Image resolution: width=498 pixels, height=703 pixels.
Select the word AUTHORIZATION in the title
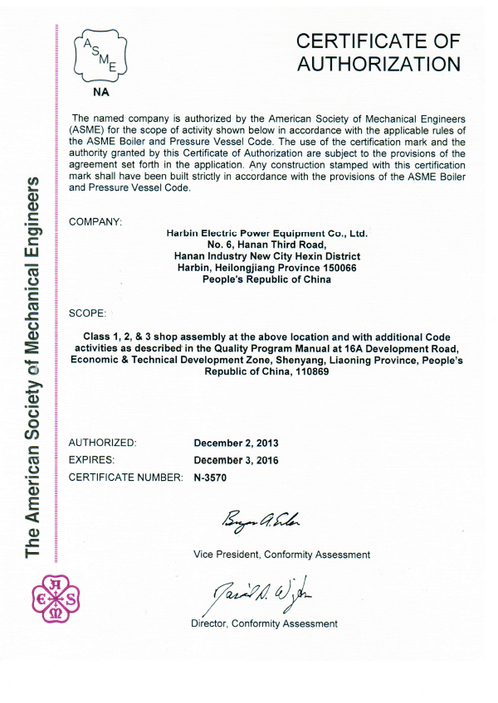[x=378, y=64]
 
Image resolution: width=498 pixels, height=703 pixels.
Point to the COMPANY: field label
[x=95, y=221]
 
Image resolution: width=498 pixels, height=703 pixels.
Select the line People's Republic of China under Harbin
[x=266, y=279]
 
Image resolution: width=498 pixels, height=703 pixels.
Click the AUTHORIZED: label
[x=102, y=443]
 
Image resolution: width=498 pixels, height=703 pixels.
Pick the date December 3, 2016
[x=237, y=460]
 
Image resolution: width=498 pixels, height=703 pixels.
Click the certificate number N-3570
[x=210, y=478]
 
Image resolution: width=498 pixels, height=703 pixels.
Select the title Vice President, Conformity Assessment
[x=281, y=555]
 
